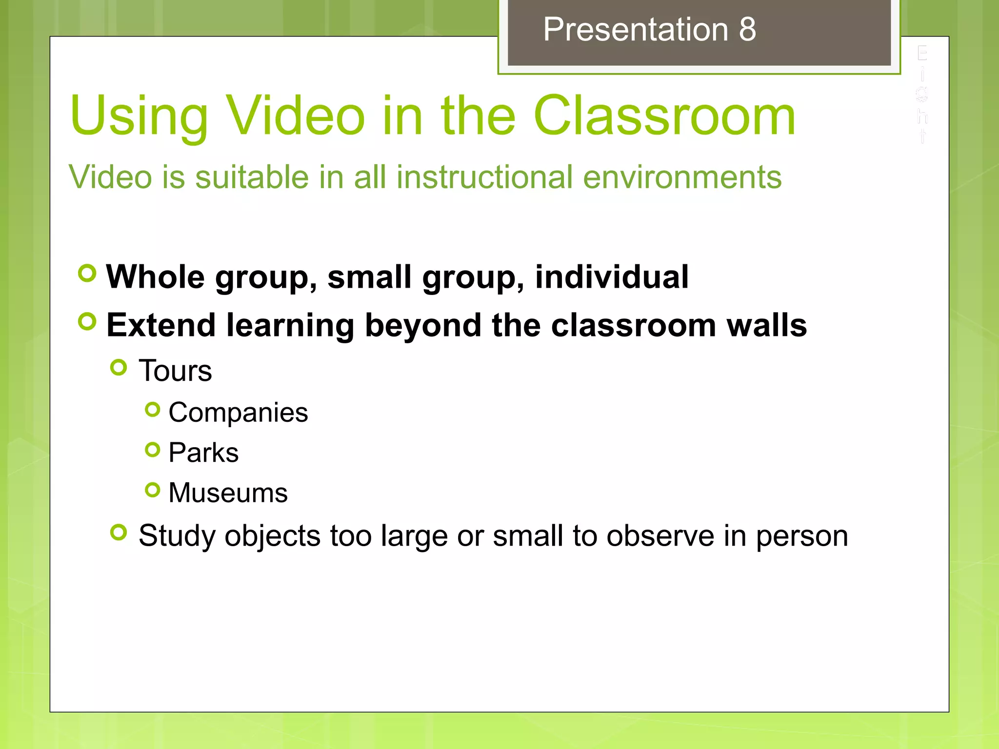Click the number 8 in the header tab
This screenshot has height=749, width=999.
click(747, 29)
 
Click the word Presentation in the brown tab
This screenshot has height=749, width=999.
click(636, 29)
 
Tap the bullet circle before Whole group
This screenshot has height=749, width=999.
click(87, 273)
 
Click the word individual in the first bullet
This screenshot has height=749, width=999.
click(612, 276)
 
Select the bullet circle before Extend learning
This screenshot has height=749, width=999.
click(87, 321)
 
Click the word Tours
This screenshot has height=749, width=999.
click(176, 371)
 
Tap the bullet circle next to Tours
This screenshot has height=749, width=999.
click(119, 367)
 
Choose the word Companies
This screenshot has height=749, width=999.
click(238, 413)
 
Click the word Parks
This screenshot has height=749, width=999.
click(203, 453)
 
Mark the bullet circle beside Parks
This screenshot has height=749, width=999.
click(153, 450)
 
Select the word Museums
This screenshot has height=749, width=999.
click(228, 493)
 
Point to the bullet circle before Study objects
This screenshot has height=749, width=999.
click(119, 532)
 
